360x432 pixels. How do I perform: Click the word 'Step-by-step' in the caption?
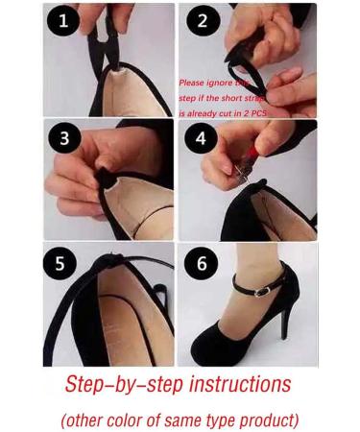point(114,385)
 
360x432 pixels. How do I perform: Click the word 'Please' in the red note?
point(193,83)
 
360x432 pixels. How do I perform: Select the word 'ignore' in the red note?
point(230,83)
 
